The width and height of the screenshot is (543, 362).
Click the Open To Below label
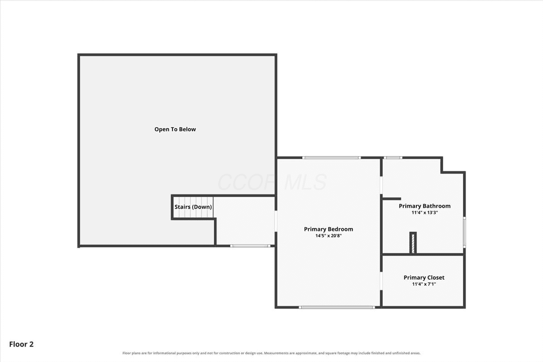(175, 129)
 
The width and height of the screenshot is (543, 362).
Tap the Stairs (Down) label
(193, 207)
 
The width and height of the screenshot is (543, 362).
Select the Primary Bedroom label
(329, 229)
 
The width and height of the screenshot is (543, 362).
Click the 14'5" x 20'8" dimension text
(329, 236)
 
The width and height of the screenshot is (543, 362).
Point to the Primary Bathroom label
(425, 206)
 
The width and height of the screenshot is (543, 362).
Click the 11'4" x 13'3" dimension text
(425, 213)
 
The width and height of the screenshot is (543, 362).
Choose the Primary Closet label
(424, 278)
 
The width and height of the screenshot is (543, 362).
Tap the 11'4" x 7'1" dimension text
(424, 284)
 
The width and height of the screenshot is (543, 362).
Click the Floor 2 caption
(21, 344)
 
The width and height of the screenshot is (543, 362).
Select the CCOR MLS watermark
(272, 182)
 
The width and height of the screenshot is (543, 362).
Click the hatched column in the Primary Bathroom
(413, 243)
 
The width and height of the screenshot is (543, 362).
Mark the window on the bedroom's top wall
(331, 157)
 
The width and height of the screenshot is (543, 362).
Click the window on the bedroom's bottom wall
(337, 307)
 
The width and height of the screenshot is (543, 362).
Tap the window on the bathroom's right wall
(464, 232)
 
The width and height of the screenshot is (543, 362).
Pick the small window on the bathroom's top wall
(393, 157)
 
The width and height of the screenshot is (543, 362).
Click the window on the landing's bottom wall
(250, 246)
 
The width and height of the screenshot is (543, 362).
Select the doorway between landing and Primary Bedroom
(276, 221)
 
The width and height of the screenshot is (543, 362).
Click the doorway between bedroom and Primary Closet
(381, 281)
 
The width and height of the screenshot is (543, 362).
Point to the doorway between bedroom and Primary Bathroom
(381, 185)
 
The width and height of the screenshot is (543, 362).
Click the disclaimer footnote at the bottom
(271, 353)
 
